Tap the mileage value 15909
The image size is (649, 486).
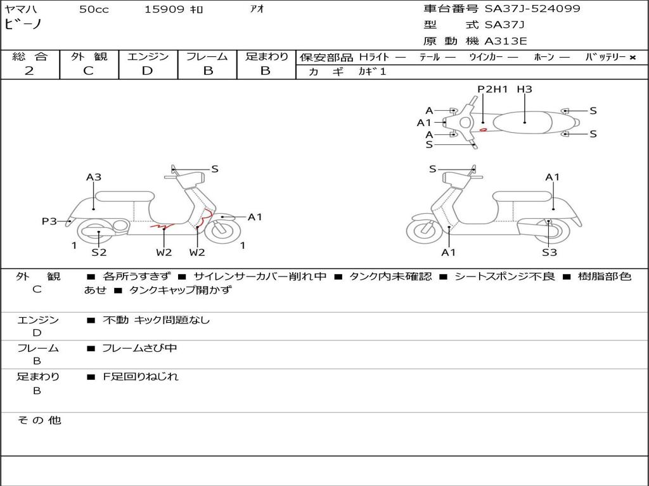(164, 9)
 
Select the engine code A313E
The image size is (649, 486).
(505, 42)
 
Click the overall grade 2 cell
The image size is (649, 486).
(29, 71)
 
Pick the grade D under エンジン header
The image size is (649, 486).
(147, 71)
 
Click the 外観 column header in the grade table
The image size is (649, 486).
(89, 56)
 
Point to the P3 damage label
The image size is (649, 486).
(49, 221)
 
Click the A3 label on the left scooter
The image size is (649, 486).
(94, 177)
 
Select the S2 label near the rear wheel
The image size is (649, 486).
(98, 252)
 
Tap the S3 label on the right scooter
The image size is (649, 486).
(549, 252)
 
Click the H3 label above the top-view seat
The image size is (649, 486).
(524, 89)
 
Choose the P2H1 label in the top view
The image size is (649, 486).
(492, 89)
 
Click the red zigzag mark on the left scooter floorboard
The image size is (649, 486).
(162, 224)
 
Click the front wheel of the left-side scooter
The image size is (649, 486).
(222, 230)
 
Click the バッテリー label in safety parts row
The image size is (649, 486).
(606, 57)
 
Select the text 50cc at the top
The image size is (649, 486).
(94, 9)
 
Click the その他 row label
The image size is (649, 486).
(39, 420)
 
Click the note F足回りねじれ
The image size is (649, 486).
(141, 377)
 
